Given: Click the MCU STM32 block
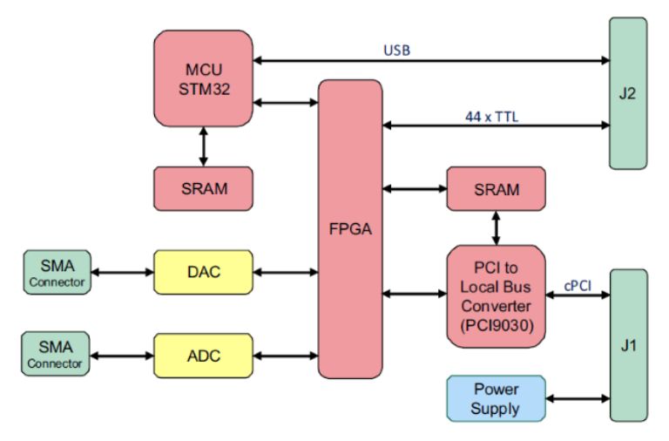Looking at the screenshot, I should pyautogui.click(x=203, y=78).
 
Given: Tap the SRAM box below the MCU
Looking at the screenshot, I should pyautogui.click(x=203, y=188).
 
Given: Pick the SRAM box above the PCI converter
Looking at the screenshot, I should pyautogui.click(x=496, y=189).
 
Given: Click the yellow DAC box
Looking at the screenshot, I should pyautogui.click(x=203, y=272).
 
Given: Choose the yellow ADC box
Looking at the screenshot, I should pyautogui.click(x=203, y=355).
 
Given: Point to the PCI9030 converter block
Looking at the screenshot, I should pyautogui.click(x=496, y=296).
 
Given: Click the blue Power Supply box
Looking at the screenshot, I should pyautogui.click(x=496, y=398).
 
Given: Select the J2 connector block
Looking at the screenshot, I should pyautogui.click(x=627, y=92).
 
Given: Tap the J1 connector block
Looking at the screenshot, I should pyautogui.click(x=628, y=345).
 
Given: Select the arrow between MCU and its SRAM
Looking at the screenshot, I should pyautogui.click(x=203, y=146).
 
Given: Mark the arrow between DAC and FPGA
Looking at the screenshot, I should pyautogui.click(x=285, y=272).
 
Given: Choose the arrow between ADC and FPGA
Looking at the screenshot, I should pyautogui.click(x=285, y=355).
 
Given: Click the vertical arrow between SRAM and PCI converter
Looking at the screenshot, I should pyautogui.click(x=497, y=227).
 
